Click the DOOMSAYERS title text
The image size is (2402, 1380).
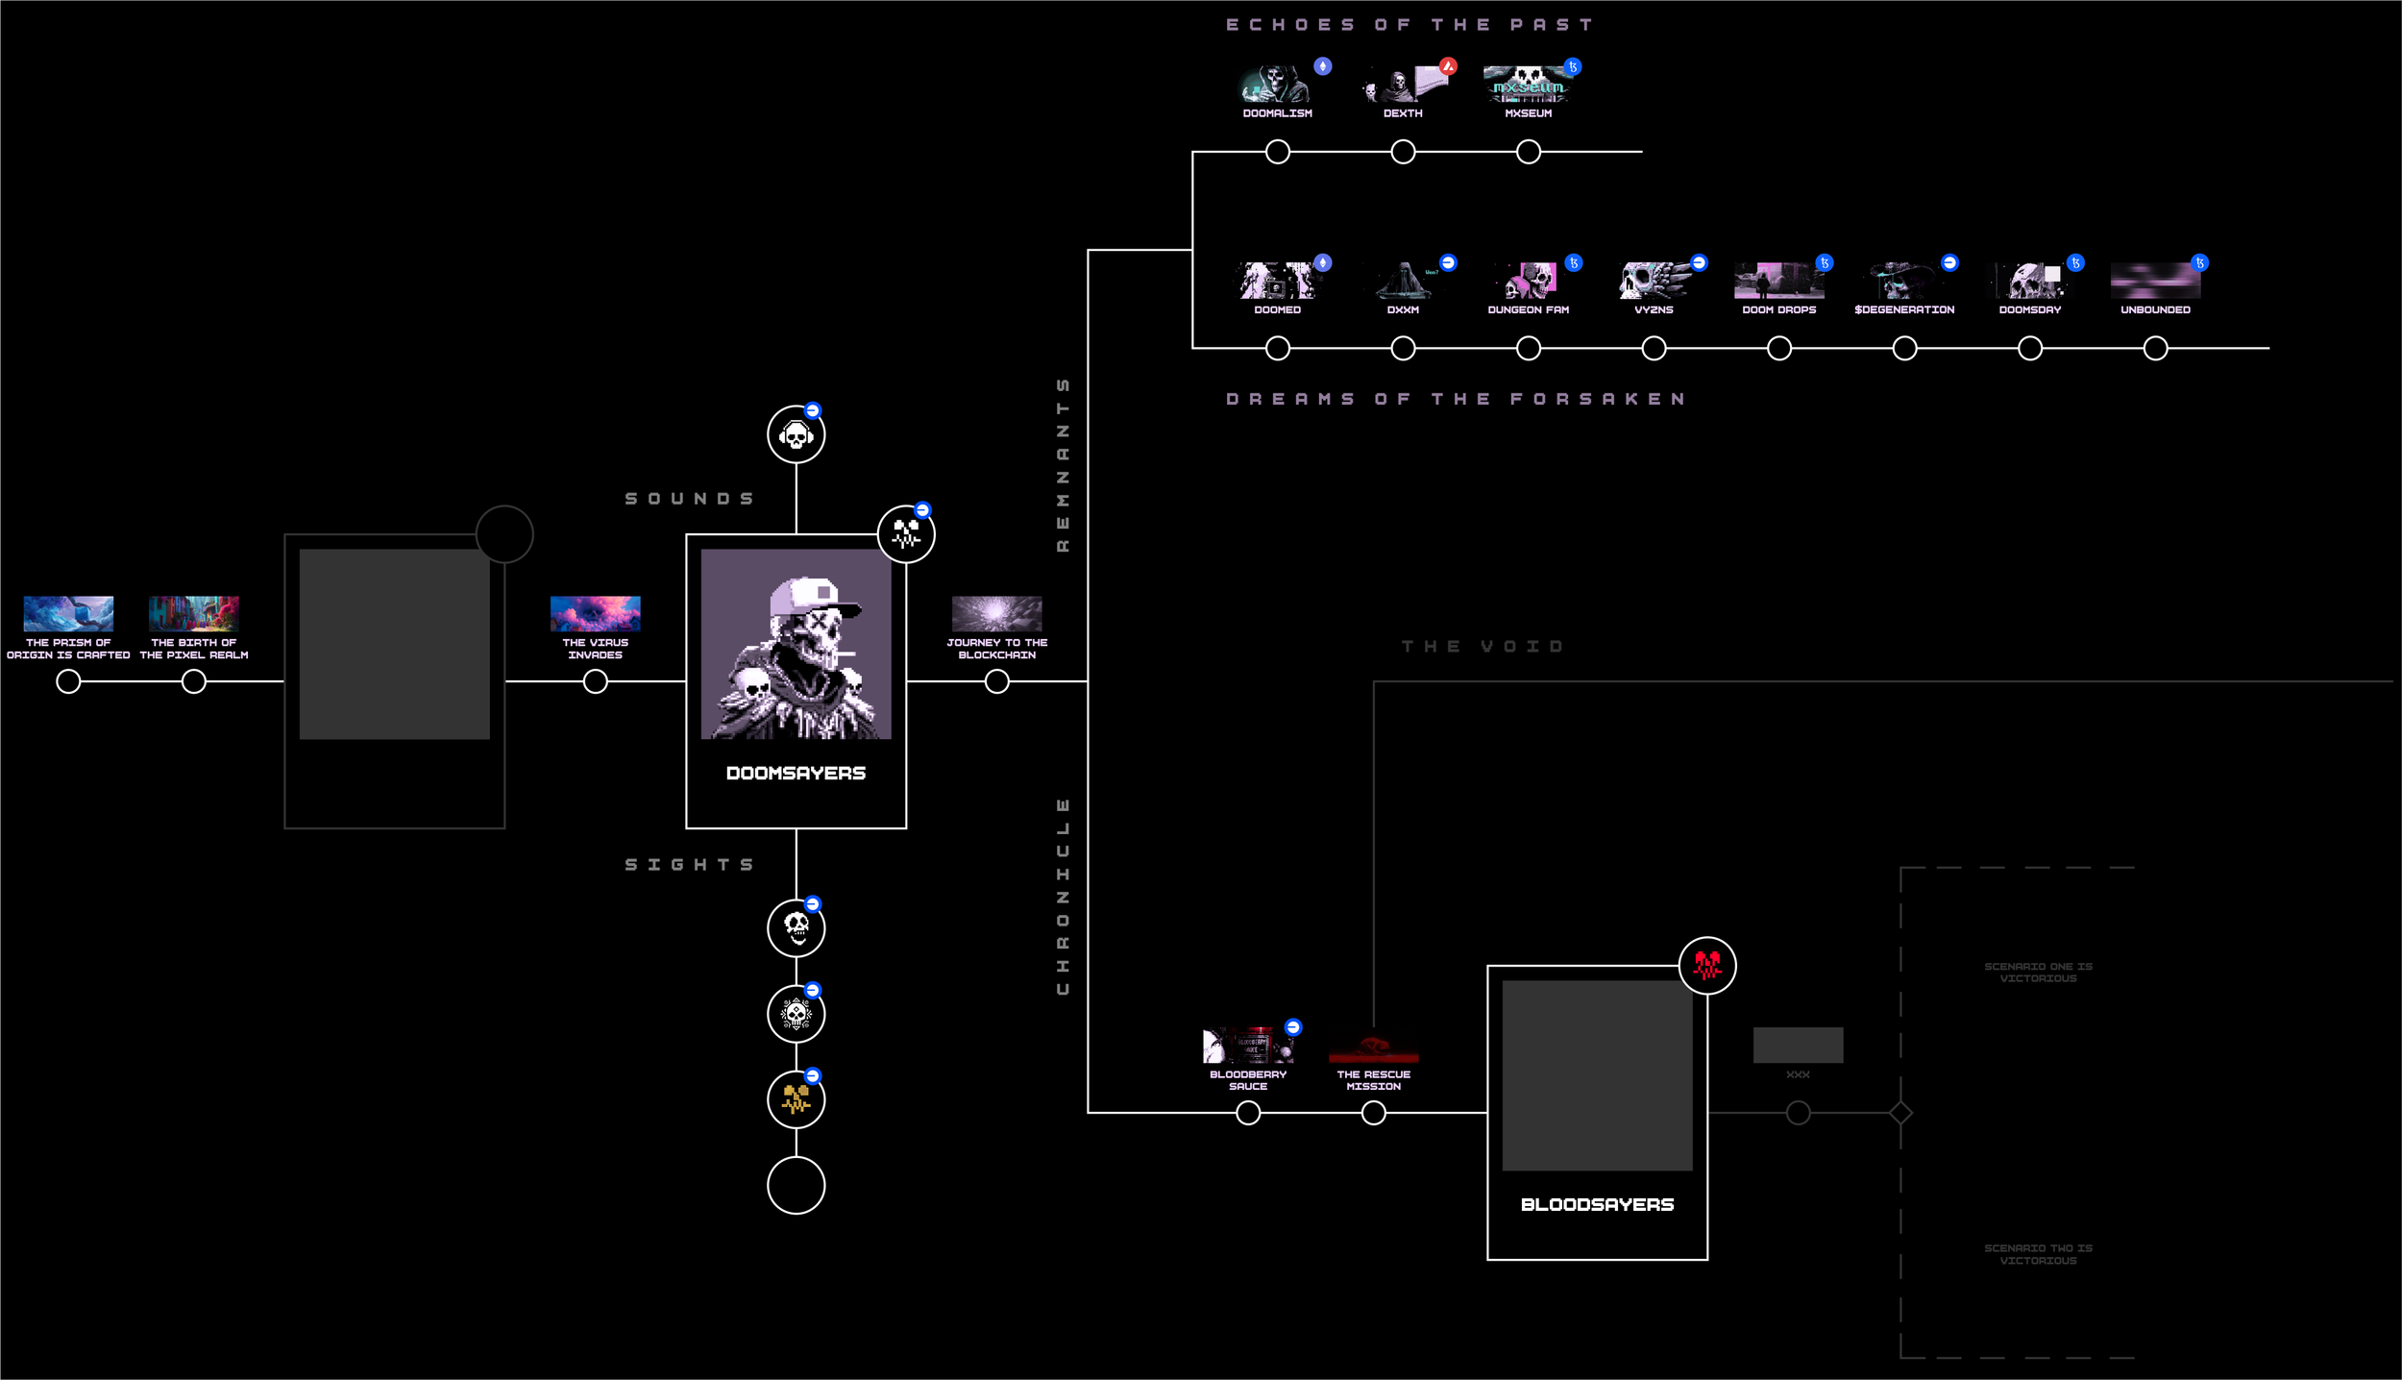pos(796,774)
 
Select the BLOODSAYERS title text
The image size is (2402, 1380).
pos(1597,1205)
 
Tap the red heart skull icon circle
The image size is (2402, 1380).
pos(1707,966)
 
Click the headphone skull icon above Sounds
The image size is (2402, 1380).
pos(796,435)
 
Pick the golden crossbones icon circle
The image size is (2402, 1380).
pos(796,1099)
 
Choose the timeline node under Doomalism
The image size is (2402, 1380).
pos(1278,152)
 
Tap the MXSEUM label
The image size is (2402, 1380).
pos(1528,113)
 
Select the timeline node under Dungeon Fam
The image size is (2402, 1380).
pos(1529,348)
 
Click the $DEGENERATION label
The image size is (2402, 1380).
pos(1904,309)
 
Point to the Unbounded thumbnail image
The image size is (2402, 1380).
pos(2155,281)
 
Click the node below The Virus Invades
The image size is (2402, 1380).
pos(596,681)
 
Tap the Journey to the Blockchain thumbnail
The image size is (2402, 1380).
pos(996,613)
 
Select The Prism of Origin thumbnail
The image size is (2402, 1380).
pos(68,613)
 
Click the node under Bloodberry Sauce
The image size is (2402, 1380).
pos(1248,1113)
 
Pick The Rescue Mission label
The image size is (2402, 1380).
pos(1373,1080)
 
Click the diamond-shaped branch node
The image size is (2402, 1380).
pos(1900,1113)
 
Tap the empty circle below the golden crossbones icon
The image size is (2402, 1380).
pos(796,1186)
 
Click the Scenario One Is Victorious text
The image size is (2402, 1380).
pos(2038,973)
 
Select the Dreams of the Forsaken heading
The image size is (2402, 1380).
pos(1457,399)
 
